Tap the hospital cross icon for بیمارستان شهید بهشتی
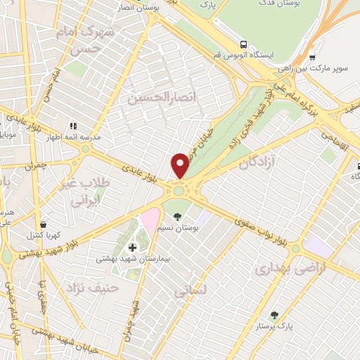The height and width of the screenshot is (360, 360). (x=132, y=247)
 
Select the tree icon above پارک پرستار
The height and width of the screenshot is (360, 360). (x=274, y=316)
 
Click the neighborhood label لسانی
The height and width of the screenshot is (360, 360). (x=190, y=289)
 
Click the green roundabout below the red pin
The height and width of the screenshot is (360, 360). (x=179, y=189)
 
